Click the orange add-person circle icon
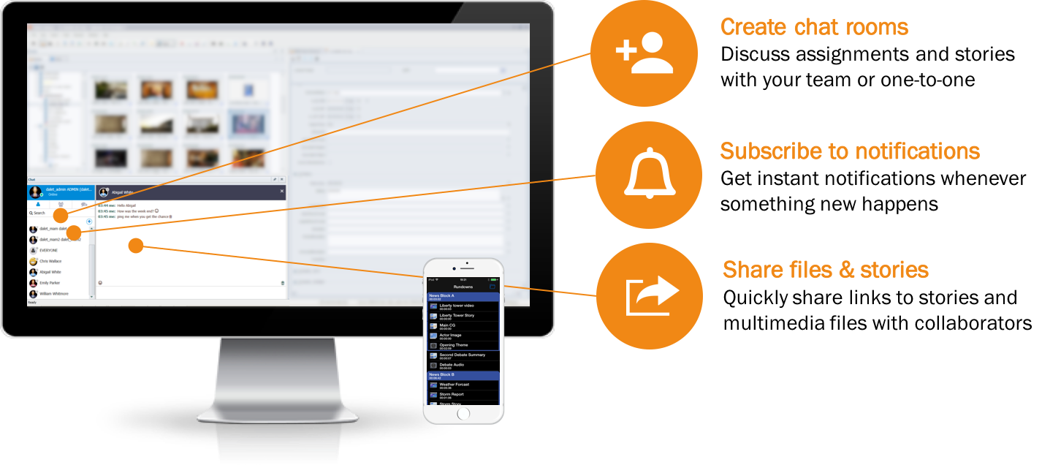(x=644, y=53)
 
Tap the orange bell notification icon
(x=649, y=175)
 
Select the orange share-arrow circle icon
(x=650, y=295)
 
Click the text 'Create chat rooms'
(x=814, y=28)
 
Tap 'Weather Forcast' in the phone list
(x=454, y=385)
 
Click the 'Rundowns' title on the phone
(x=463, y=287)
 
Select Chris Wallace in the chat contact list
(x=50, y=261)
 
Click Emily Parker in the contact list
(x=50, y=283)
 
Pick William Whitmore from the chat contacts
(x=54, y=294)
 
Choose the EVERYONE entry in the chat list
(x=49, y=250)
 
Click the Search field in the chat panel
(x=41, y=213)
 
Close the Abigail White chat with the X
(x=282, y=192)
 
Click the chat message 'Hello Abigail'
(x=126, y=205)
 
